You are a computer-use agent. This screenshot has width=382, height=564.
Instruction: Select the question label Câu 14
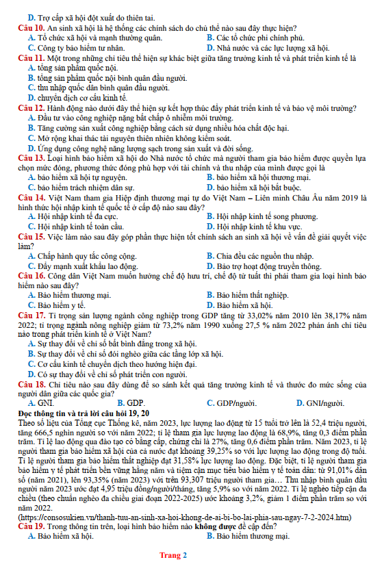[30, 197]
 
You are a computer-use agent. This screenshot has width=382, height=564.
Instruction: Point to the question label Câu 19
[30, 527]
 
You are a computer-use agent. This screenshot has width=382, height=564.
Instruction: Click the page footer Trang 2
[173, 555]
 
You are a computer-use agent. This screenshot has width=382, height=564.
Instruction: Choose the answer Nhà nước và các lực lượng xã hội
[267, 48]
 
